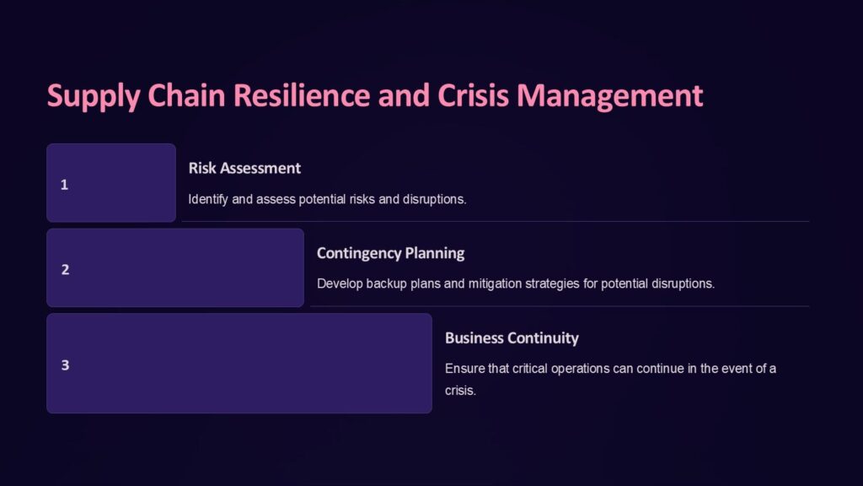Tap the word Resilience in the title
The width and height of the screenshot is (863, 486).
tap(301, 95)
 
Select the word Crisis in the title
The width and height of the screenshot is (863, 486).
tap(474, 95)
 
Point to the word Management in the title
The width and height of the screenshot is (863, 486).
tap(610, 95)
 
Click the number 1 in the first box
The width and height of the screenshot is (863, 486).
tap(64, 185)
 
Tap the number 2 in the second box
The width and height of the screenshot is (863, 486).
tap(65, 270)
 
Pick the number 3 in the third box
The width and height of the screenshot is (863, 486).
tap(65, 365)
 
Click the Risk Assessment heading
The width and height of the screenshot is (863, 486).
tap(244, 168)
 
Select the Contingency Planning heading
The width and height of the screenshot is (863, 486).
tap(390, 253)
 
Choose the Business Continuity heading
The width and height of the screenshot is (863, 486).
tap(512, 338)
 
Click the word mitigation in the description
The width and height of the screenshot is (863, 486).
tap(495, 283)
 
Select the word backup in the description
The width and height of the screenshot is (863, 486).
tap(390, 283)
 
